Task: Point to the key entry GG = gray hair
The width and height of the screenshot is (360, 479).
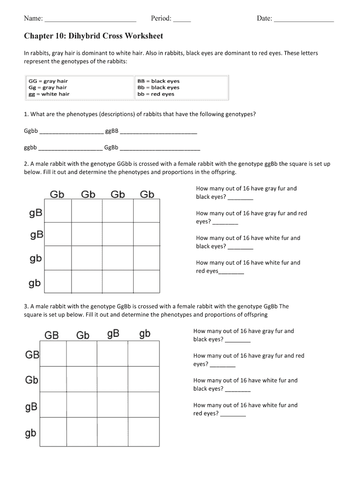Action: (48, 81)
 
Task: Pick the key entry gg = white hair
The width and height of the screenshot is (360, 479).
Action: (49, 94)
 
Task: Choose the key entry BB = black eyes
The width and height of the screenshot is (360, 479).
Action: (158, 81)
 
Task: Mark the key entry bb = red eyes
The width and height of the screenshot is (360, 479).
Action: (155, 94)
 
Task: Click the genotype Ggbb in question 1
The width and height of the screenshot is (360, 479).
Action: (31, 131)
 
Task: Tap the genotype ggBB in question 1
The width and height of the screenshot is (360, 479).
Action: (112, 131)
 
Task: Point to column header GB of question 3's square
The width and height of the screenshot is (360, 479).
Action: (51, 335)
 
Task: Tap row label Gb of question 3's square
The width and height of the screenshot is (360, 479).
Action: (31, 380)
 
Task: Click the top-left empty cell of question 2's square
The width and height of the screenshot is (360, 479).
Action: (58, 211)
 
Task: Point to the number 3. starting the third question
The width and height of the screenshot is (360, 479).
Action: (26, 306)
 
